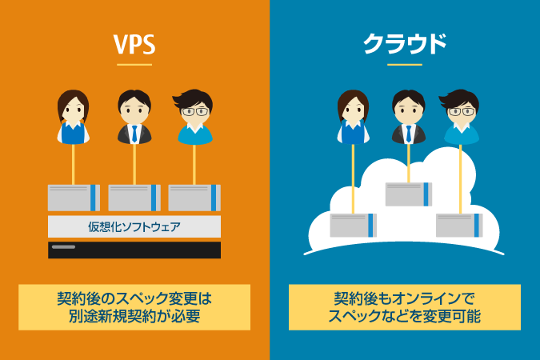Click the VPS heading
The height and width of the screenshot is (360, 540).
point(134,45)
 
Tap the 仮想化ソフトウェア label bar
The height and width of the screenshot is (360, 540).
point(134,226)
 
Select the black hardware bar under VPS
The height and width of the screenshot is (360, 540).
point(134,250)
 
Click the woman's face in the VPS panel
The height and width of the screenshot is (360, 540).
point(73,108)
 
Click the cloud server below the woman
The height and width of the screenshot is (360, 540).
point(353,226)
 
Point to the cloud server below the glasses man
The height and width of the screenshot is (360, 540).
point(459,225)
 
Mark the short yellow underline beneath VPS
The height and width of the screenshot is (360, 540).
point(134,64)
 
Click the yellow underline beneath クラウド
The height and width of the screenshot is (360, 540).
point(405,64)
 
